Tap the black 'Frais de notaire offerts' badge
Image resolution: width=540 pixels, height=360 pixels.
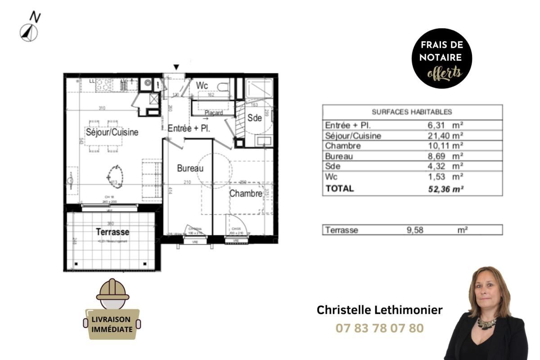coord(441,58)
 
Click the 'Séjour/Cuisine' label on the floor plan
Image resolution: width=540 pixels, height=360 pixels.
coord(112,132)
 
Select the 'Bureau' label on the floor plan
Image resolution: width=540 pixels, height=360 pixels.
coord(190,168)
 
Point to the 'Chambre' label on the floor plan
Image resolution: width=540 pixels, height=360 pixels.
coord(246,193)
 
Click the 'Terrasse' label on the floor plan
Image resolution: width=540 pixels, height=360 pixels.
coord(112,232)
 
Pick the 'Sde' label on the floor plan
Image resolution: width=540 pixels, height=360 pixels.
coord(255,118)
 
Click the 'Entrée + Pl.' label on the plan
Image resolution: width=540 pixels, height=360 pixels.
coord(189,128)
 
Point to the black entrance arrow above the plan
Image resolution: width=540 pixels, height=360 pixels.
coord(176,67)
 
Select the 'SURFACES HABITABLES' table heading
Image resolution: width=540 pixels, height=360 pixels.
coord(412,112)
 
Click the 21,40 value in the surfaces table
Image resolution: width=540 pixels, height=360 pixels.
coord(445,135)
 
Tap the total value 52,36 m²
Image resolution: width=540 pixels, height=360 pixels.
coord(446,189)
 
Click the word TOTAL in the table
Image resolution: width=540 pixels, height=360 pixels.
coord(340,189)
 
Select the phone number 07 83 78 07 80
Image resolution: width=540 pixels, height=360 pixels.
coord(379,328)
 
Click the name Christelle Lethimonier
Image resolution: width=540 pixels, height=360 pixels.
coord(379,310)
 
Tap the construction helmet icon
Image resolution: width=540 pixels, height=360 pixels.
coord(112,290)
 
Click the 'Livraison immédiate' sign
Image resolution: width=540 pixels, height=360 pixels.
coord(112,324)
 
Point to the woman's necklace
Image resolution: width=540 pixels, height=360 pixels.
coord(487,323)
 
